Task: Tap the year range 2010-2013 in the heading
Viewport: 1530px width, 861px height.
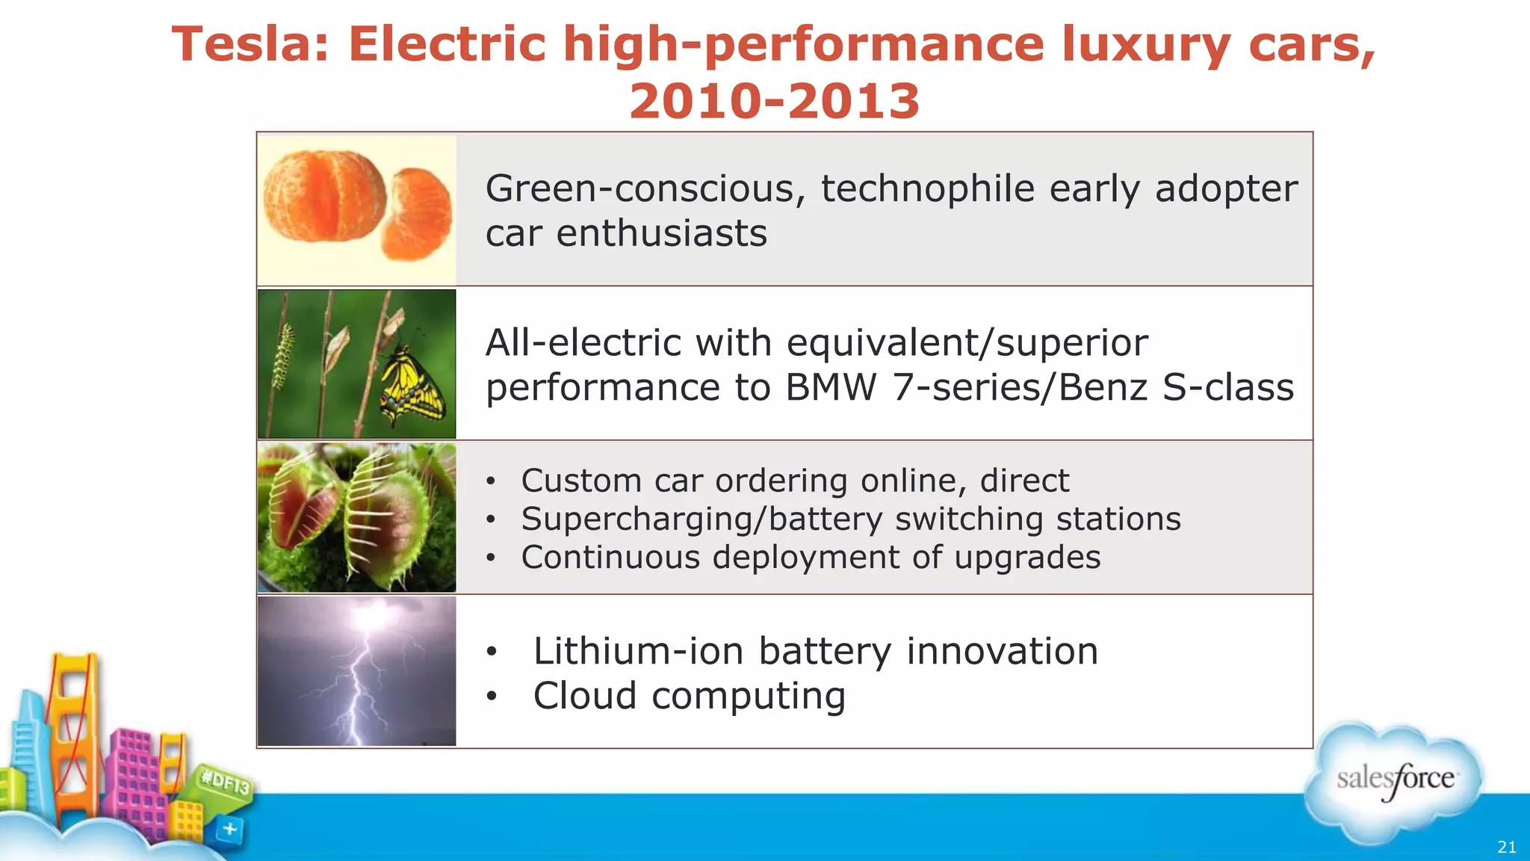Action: pyautogui.click(x=775, y=102)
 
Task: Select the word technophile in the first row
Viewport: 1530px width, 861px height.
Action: pyautogui.click(x=927, y=188)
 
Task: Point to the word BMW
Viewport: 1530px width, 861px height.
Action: pyautogui.click(x=830, y=388)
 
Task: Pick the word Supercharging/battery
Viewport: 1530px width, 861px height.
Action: pyautogui.click(x=701, y=519)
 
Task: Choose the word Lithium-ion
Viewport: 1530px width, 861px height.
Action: pyautogui.click(x=638, y=651)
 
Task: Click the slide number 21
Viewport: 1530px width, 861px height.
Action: pyautogui.click(x=1507, y=847)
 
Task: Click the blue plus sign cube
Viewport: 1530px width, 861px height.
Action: pyautogui.click(x=230, y=829)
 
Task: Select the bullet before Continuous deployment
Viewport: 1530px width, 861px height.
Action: pyautogui.click(x=490, y=558)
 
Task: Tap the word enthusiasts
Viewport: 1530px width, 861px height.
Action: pyautogui.click(x=661, y=234)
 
